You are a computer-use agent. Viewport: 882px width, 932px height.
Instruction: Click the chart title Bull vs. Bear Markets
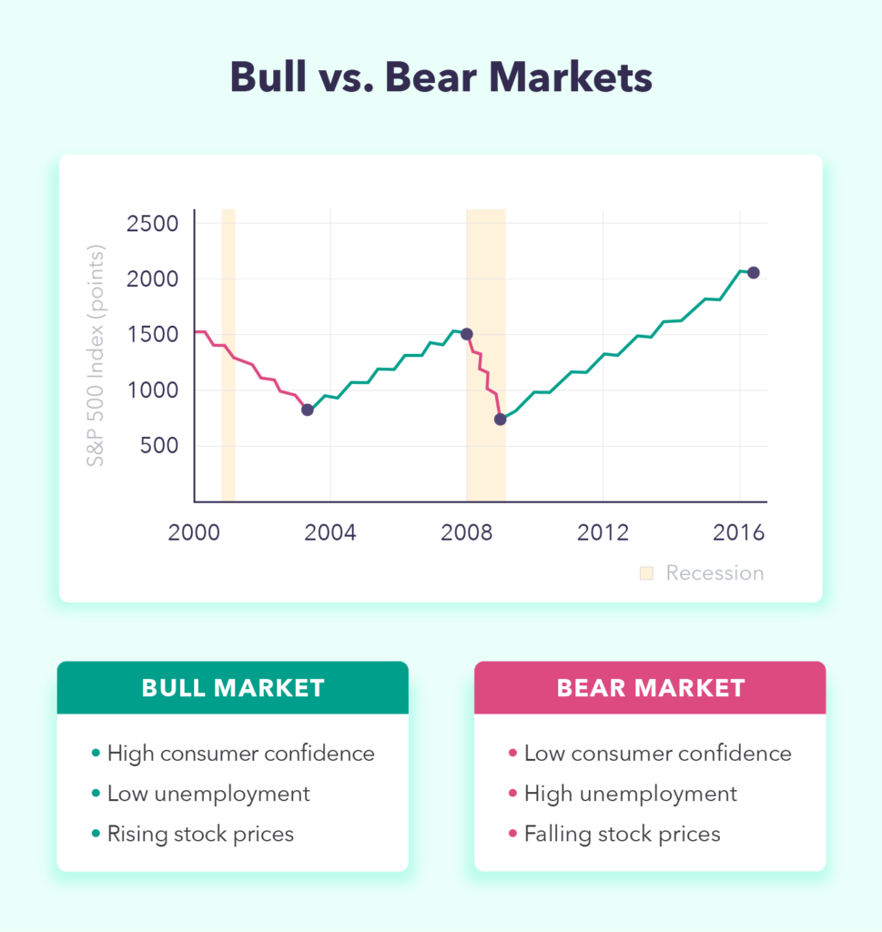point(441,77)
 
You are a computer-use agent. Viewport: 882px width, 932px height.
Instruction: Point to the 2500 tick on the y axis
point(152,224)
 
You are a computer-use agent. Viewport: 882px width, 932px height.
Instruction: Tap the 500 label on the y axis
point(158,445)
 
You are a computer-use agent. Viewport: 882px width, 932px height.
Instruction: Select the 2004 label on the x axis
point(329,532)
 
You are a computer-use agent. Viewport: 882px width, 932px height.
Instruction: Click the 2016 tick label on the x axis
point(739,532)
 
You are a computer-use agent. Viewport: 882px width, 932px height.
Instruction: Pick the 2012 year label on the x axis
point(603,532)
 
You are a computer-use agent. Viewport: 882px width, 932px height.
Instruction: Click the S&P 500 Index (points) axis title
point(96,356)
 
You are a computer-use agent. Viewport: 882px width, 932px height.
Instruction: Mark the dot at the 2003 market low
point(308,410)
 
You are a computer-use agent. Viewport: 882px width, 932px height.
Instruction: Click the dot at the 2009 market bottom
point(501,419)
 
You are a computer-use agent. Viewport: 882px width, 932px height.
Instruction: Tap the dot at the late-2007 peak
point(467,334)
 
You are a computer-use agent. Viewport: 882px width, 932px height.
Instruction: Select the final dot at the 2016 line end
point(754,273)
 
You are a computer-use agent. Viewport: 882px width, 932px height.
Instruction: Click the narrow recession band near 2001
point(228,355)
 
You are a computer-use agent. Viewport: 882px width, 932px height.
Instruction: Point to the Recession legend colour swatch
point(646,573)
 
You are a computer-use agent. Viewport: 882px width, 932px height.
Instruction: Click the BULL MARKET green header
point(233,688)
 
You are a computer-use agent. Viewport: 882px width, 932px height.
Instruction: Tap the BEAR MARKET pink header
point(650,688)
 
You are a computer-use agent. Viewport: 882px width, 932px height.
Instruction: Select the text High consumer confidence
point(240,754)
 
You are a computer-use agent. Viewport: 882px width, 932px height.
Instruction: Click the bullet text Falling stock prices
point(623,835)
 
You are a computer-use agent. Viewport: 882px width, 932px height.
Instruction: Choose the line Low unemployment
point(208,794)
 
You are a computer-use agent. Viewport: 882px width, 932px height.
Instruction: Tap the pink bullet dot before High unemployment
point(513,794)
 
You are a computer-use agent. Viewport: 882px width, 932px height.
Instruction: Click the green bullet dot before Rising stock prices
point(96,834)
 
